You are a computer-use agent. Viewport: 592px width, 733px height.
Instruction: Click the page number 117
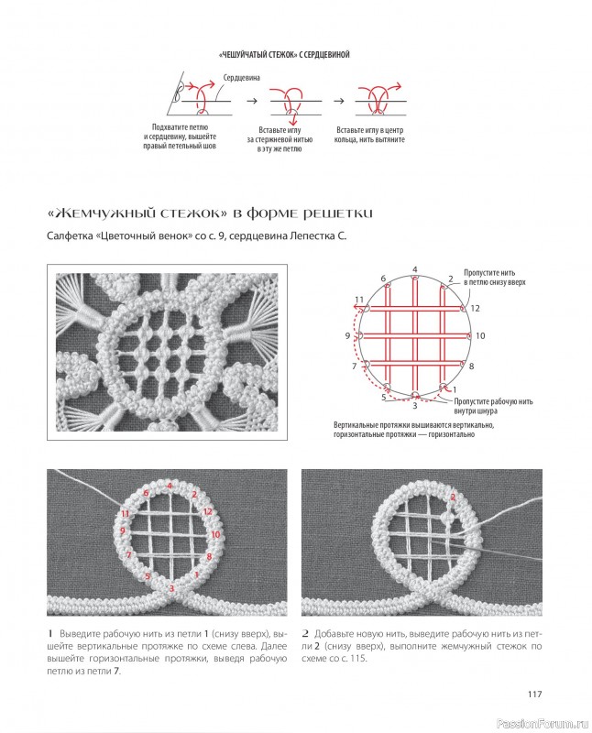[534, 694]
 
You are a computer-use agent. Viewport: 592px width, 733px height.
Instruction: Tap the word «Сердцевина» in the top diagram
[241, 78]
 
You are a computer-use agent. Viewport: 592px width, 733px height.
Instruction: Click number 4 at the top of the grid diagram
[414, 269]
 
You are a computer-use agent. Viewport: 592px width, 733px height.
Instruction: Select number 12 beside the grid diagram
[475, 308]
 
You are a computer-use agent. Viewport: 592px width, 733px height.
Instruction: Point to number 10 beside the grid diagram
[480, 335]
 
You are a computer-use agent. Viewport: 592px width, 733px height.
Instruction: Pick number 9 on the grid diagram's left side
[347, 335]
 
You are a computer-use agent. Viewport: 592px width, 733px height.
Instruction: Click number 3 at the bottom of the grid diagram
[415, 406]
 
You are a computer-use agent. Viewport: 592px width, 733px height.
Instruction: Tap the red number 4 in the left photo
[170, 486]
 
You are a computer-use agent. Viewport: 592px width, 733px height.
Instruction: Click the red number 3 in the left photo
[171, 588]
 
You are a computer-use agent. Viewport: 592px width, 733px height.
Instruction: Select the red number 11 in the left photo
[125, 514]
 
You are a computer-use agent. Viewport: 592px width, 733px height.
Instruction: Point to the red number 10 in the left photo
[215, 534]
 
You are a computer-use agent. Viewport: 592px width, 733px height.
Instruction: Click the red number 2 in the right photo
[453, 498]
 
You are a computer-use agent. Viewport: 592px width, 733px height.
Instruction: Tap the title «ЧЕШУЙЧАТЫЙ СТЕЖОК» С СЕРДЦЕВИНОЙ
[284, 55]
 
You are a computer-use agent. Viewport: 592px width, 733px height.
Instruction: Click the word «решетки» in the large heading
[337, 214]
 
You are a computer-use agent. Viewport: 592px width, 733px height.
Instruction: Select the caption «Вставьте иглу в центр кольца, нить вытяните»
[369, 135]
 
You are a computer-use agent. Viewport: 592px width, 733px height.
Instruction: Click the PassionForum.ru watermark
[543, 724]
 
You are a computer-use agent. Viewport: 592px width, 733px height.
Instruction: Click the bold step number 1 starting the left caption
[49, 634]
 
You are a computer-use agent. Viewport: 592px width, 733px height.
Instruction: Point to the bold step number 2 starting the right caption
[305, 634]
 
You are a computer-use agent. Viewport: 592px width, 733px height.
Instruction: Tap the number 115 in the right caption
[358, 658]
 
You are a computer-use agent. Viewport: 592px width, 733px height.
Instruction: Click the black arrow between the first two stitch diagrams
[252, 101]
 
